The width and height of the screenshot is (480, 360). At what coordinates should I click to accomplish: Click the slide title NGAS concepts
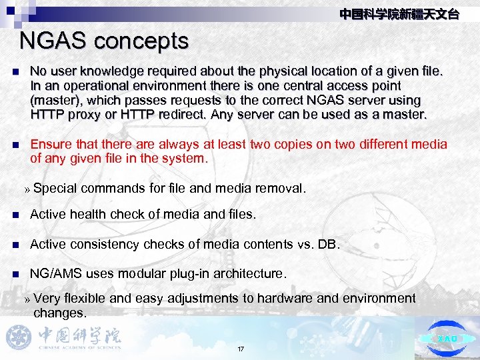(104, 41)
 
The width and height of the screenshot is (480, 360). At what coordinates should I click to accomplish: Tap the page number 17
(241, 349)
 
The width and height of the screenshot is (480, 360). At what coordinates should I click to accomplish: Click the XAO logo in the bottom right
(447, 338)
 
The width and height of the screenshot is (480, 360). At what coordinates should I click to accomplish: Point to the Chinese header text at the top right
(399, 14)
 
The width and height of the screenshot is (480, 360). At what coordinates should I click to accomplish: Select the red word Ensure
(51, 145)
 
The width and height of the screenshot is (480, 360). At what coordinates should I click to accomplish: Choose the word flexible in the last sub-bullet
(86, 298)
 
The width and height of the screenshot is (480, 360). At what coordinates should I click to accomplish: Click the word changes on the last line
(59, 313)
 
